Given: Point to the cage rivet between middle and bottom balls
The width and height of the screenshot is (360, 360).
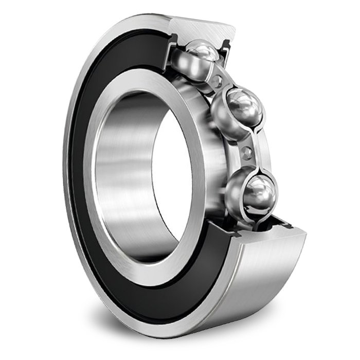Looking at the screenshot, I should pos(248,152).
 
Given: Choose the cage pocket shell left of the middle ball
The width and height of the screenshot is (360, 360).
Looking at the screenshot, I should pos(219,116).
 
